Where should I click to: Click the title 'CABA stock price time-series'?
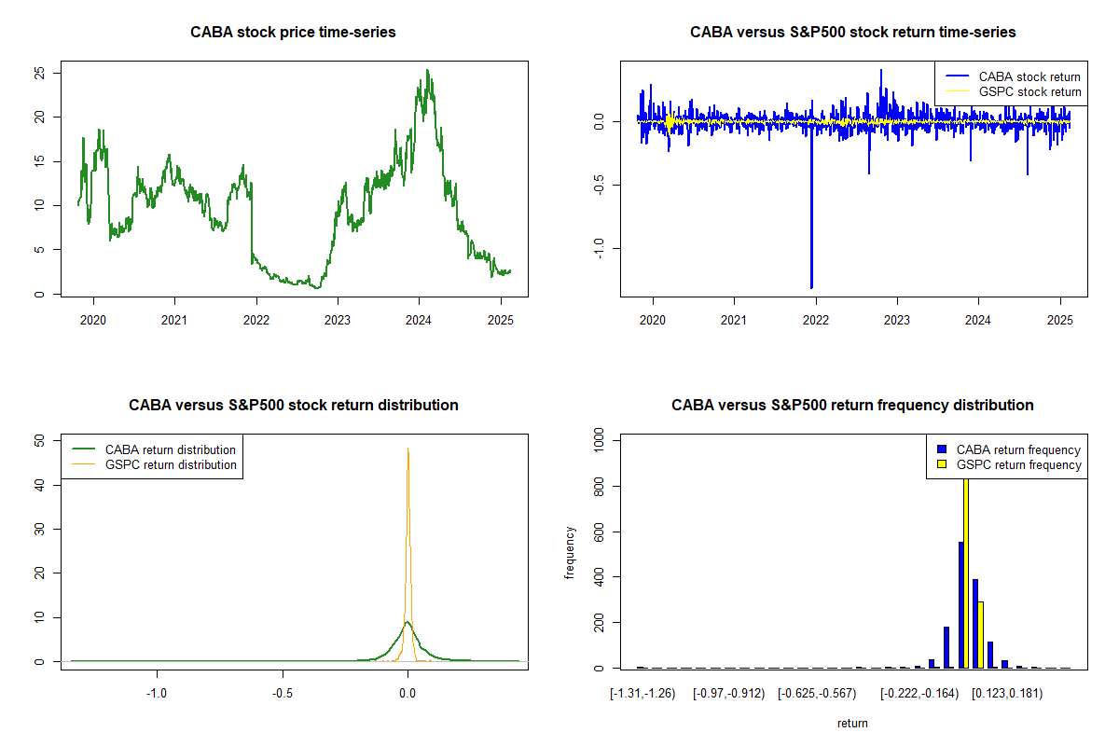pyautogui.click(x=293, y=33)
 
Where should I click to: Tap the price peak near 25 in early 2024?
pyautogui.click(x=426, y=71)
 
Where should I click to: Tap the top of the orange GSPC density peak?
pyautogui.click(x=408, y=450)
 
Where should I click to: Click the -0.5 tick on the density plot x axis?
pyautogui.click(x=283, y=694)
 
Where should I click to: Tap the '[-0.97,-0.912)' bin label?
pyautogui.click(x=728, y=694)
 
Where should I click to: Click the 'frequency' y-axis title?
pyautogui.click(x=571, y=553)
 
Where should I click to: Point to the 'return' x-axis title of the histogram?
pyautogui.click(x=852, y=724)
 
